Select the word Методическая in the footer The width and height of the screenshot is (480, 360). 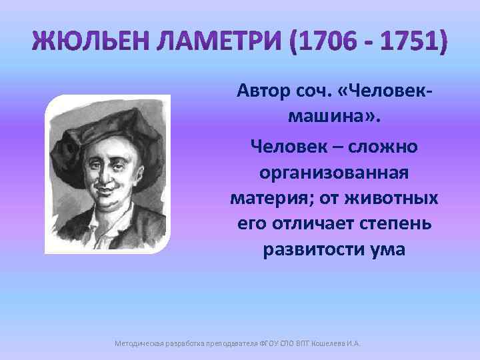[137, 343]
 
